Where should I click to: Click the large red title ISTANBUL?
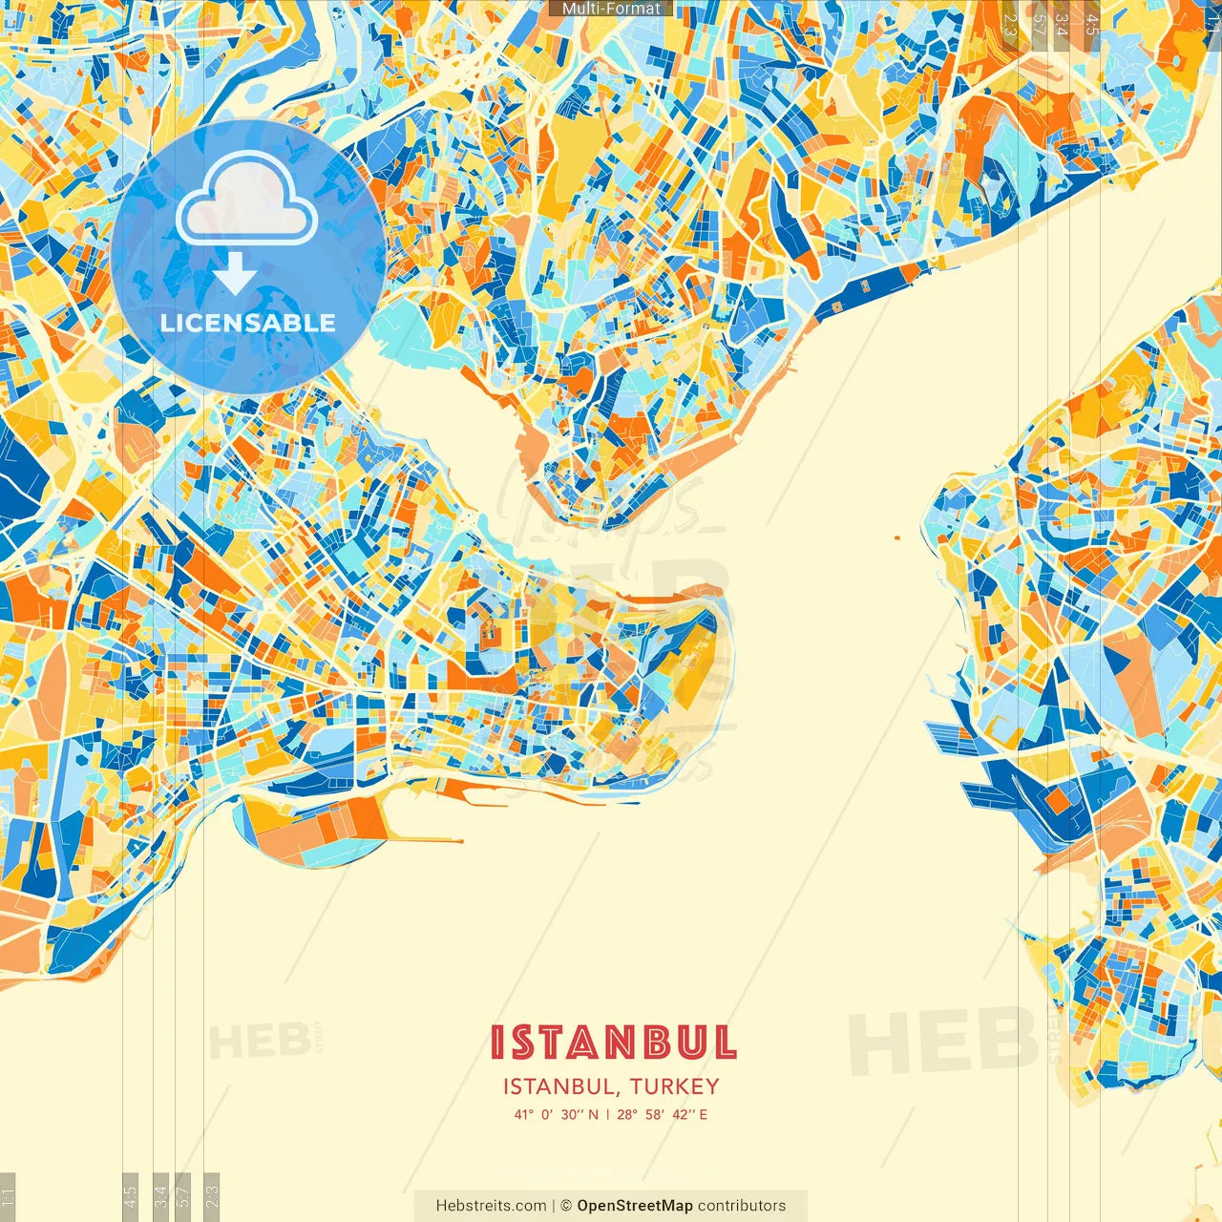pyautogui.click(x=613, y=1043)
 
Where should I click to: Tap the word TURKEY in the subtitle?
pyautogui.click(x=674, y=1086)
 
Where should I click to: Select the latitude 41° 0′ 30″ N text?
pyautogui.click(x=557, y=1114)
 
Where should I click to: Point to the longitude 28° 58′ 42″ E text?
pyautogui.click(x=663, y=1114)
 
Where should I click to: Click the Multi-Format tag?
pyautogui.click(x=611, y=9)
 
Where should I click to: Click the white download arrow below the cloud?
pyautogui.click(x=235, y=275)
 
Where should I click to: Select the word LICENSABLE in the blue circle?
pyautogui.click(x=248, y=323)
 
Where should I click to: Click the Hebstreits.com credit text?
pyautogui.click(x=491, y=1206)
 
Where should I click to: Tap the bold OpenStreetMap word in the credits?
pyautogui.click(x=635, y=1206)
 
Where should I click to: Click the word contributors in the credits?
pyautogui.click(x=742, y=1206)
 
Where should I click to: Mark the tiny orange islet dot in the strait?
pyautogui.click(x=897, y=537)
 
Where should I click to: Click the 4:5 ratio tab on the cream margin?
pyautogui.click(x=130, y=1196)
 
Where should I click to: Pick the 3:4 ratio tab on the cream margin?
pyautogui.click(x=160, y=1196)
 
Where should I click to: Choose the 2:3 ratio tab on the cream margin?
pyautogui.click(x=212, y=1196)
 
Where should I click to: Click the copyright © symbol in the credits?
pyautogui.click(x=566, y=1206)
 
